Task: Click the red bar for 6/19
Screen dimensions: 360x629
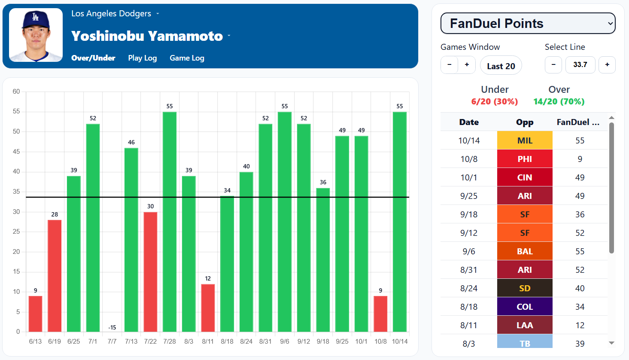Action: [x=55, y=276]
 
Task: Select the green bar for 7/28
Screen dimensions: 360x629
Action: [x=170, y=222]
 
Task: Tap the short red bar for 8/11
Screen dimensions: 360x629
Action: [x=208, y=308]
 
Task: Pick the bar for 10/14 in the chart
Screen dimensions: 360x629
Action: [x=400, y=222]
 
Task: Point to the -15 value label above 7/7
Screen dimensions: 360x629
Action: [x=112, y=327]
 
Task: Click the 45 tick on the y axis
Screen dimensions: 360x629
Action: [x=16, y=152]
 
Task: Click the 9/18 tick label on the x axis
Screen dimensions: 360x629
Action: [x=323, y=342]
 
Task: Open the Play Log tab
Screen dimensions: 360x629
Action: [x=142, y=58]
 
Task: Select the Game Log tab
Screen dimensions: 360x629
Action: [x=187, y=58]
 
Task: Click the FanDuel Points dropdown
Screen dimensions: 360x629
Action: [x=528, y=24]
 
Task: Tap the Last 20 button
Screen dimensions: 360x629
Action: [x=501, y=66]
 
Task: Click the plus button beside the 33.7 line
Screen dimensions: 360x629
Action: [x=607, y=65]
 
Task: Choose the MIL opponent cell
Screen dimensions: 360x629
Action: [x=525, y=140]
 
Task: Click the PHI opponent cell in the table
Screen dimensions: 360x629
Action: [x=525, y=159]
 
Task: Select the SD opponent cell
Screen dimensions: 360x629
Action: [x=525, y=288]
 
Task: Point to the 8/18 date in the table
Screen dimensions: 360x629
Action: [x=469, y=307]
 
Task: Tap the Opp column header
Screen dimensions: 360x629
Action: [x=525, y=122]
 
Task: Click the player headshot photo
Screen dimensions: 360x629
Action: [x=36, y=35]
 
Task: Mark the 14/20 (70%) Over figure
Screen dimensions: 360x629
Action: [x=559, y=102]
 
